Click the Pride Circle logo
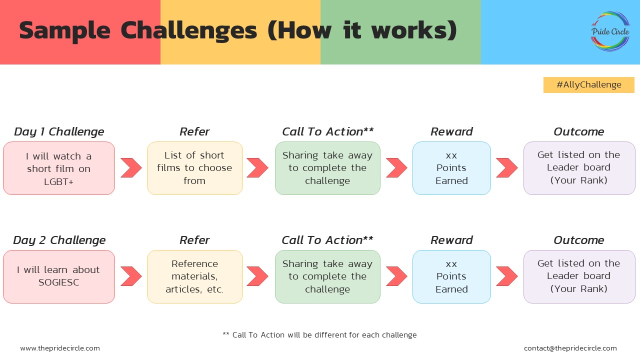point(610,31)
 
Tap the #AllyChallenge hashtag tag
point(588,85)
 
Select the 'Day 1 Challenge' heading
point(59,131)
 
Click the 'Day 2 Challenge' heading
point(59,240)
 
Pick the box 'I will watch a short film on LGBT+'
point(59,168)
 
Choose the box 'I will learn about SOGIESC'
point(59,276)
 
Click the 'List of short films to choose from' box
point(194,168)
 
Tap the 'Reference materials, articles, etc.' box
point(194,276)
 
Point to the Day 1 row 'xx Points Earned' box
point(451,168)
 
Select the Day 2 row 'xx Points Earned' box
point(451,276)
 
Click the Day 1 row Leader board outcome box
point(579,168)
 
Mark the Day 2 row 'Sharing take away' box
point(327,276)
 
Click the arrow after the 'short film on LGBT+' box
point(131,168)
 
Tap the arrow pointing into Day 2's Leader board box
point(506,276)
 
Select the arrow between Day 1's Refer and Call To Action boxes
point(257,168)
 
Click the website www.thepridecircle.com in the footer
point(60,348)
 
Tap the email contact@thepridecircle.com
point(570,348)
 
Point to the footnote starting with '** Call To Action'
point(319,335)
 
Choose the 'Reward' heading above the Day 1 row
point(451,131)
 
